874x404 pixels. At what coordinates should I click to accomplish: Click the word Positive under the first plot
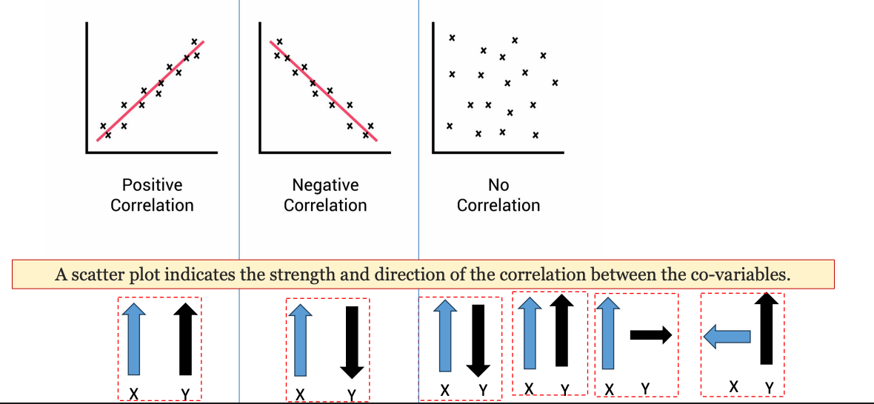(152, 185)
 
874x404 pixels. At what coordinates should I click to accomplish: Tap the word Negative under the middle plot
(325, 185)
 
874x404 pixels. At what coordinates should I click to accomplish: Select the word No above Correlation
(498, 185)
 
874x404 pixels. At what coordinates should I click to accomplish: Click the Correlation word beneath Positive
(152, 205)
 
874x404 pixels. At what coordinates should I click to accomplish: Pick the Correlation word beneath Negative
(325, 205)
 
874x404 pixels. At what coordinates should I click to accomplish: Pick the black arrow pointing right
(650, 336)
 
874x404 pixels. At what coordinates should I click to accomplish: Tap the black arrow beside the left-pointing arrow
(767, 329)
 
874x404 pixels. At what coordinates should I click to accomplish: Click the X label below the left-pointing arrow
(733, 386)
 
